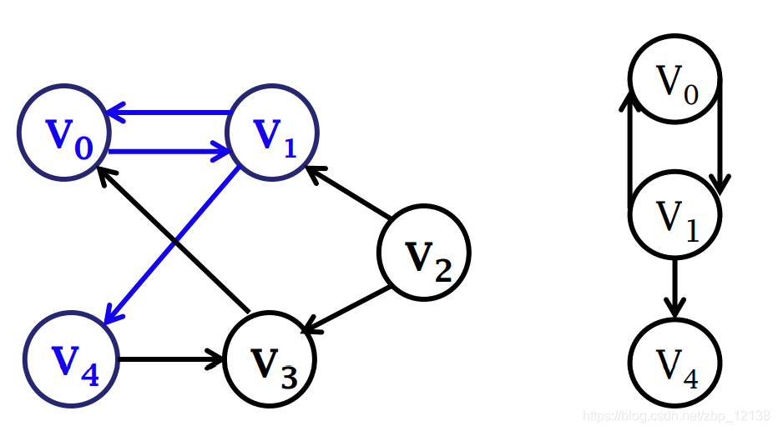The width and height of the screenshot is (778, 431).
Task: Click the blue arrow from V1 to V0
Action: click(169, 113)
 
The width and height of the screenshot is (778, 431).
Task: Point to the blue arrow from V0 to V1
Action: click(169, 151)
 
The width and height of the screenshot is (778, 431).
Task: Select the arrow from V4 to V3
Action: click(172, 359)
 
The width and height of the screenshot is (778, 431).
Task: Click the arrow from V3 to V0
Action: click(173, 240)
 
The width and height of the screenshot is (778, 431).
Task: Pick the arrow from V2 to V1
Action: click(348, 193)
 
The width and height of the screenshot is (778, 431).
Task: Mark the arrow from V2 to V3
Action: click(346, 309)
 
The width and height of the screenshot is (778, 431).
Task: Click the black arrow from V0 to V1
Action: click(720, 136)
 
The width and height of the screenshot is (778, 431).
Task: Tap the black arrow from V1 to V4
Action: click(674, 288)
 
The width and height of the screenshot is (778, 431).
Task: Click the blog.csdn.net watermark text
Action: click(677, 415)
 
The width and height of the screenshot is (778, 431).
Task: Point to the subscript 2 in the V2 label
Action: click(443, 270)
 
